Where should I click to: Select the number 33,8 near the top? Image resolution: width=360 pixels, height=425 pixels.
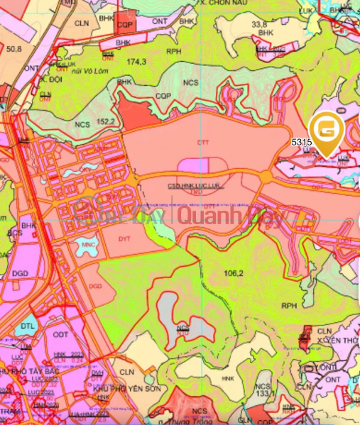tap(259, 23)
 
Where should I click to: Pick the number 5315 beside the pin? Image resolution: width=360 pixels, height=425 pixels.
tap(302, 142)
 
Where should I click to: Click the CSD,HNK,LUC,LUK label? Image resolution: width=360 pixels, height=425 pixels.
tap(197, 185)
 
